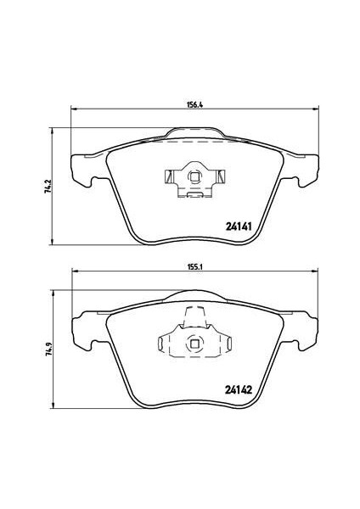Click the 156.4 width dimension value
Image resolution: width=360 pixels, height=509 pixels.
195,105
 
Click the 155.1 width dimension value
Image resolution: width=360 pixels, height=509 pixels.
195,267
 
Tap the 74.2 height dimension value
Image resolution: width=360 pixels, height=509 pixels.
47,186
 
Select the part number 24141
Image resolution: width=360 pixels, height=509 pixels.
239,227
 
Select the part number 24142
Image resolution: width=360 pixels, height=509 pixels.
239,389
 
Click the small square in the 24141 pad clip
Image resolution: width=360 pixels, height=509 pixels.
194,177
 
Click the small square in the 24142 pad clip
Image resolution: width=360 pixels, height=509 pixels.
194,344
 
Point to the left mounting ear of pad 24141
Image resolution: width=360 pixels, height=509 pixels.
81,171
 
